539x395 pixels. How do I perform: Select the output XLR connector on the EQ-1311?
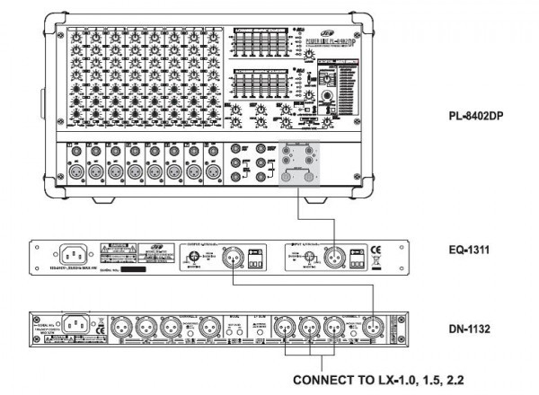click(218, 257)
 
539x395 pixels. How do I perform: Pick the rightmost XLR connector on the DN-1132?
click(372, 329)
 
